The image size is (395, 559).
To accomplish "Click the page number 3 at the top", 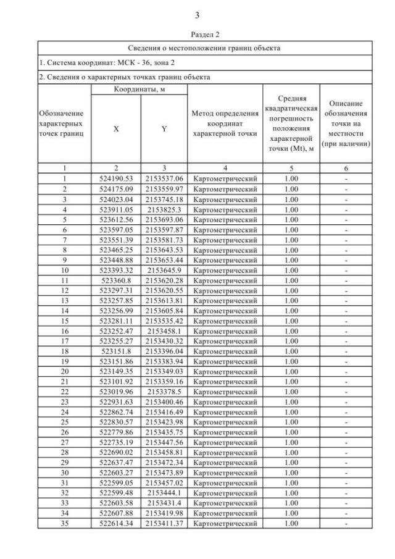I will pyautogui.click(x=197, y=15).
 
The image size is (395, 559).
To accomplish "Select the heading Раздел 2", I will pyautogui.click(x=204, y=34).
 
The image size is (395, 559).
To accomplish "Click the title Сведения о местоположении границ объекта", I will pyautogui.click(x=204, y=48).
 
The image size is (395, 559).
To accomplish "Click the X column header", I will pyautogui.click(x=116, y=129).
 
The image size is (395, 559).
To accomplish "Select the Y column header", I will pyautogui.click(x=164, y=129).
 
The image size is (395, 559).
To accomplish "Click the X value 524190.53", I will pyautogui.click(x=116, y=179).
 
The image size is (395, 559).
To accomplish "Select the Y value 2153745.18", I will pyautogui.click(x=164, y=200).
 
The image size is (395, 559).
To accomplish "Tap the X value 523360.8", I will pyautogui.click(x=116, y=280).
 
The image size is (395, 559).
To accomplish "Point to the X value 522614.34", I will pyautogui.click(x=116, y=524).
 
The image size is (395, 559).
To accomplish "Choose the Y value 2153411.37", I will pyautogui.click(x=164, y=524).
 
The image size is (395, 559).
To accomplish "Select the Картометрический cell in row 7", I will pyautogui.click(x=225, y=240).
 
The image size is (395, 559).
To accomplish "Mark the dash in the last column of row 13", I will pyautogui.click(x=346, y=300).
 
